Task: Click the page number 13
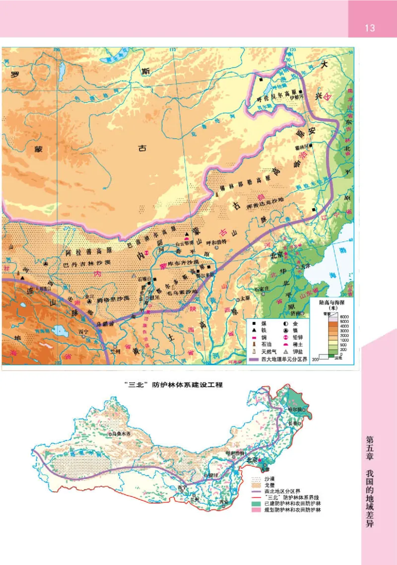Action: coord(370,27)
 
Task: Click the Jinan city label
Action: coord(296,314)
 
